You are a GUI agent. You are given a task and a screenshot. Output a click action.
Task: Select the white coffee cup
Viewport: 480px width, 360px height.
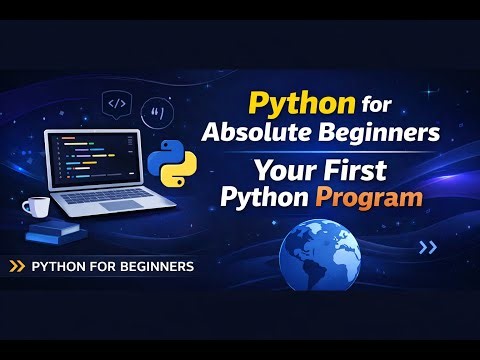[x=37, y=207]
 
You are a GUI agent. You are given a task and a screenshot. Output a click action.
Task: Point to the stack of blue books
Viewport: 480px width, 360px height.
[x=56, y=234]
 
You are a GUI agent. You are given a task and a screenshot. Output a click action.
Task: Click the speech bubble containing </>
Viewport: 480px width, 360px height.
[x=116, y=102]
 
